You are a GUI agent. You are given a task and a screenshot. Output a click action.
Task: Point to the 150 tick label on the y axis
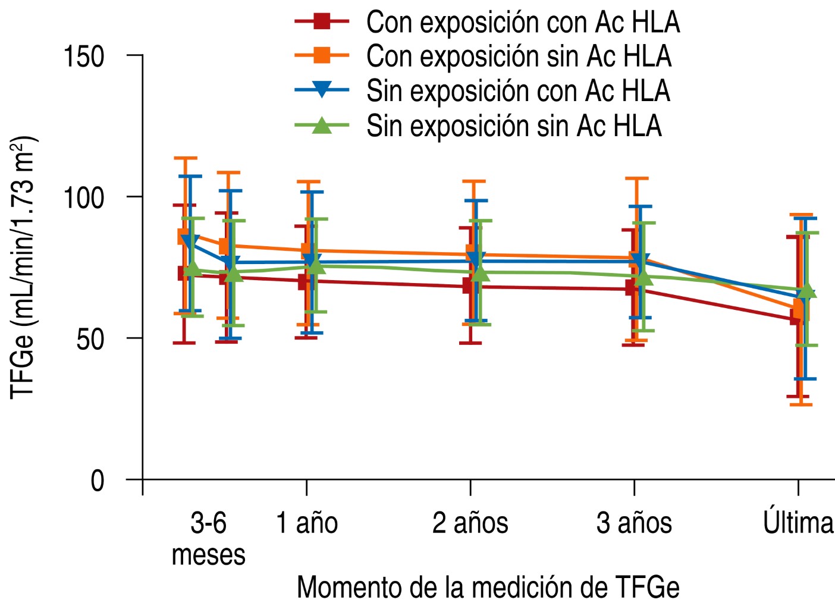click(x=84, y=56)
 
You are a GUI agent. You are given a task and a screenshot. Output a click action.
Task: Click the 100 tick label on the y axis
click(x=84, y=197)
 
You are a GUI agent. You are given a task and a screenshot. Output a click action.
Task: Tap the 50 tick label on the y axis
click(x=90, y=338)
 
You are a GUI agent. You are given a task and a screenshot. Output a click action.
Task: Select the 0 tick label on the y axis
click(x=98, y=480)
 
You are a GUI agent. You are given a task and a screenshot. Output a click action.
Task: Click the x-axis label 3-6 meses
click(x=208, y=538)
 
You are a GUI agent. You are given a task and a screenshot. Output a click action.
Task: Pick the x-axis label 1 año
click(x=307, y=523)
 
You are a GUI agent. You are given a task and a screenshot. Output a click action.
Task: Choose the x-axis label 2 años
click(x=470, y=523)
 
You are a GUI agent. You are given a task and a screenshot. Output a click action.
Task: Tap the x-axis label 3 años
click(x=634, y=523)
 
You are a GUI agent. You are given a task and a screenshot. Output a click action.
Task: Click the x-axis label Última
click(x=798, y=522)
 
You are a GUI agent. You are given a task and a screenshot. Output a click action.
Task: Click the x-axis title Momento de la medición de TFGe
click(x=488, y=587)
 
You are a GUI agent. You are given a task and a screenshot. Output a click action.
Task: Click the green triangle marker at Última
click(x=807, y=291)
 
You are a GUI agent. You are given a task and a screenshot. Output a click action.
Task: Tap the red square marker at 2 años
click(x=469, y=287)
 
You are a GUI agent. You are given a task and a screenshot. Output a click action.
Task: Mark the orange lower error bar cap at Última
click(x=801, y=404)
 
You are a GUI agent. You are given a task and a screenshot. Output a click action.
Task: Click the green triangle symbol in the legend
click(x=322, y=125)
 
